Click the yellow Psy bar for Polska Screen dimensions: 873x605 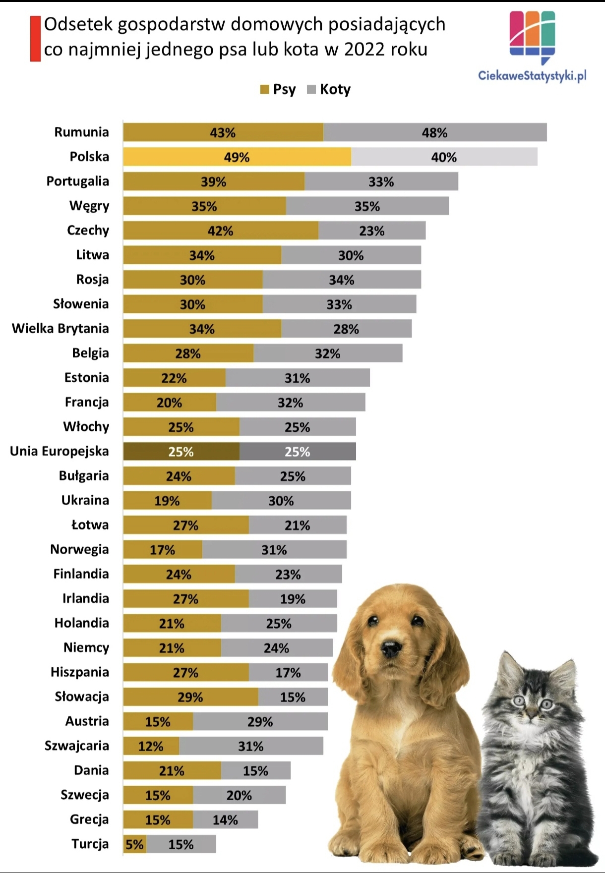tap(237, 157)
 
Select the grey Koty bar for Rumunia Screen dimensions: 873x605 tap(435, 132)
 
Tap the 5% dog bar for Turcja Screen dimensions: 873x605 tap(134, 844)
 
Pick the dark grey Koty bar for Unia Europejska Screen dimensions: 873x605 tap(298, 451)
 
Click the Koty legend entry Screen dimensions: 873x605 tap(329, 89)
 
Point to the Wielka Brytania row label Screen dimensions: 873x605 tap(60, 328)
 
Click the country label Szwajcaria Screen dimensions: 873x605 tap(76, 746)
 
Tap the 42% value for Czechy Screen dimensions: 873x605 tap(220, 231)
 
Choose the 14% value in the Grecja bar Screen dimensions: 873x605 tap(225, 820)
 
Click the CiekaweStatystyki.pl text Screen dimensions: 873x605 tap(532, 75)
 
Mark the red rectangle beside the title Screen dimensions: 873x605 tap(35, 39)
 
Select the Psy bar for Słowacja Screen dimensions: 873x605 tap(190, 697)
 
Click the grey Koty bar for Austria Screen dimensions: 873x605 tap(260, 721)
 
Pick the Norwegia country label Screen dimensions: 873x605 tap(79, 549)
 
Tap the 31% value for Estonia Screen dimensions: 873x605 tap(297, 378)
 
